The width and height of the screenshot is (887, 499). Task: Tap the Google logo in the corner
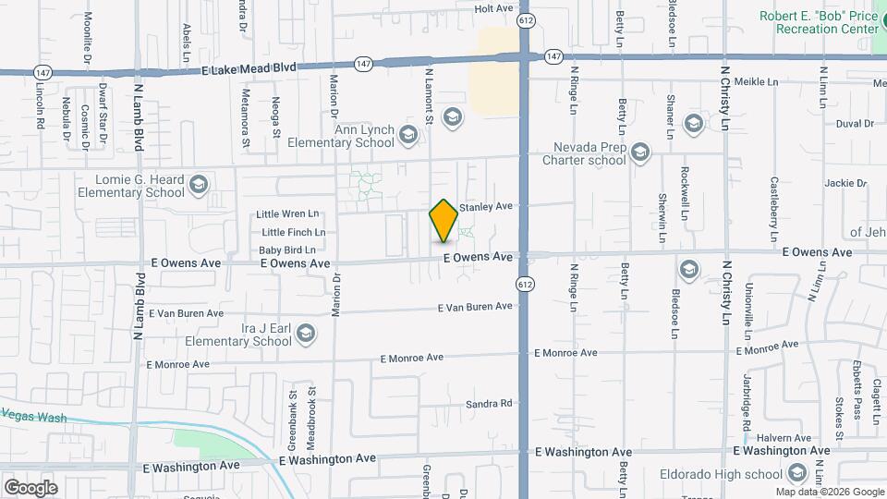coord(30,487)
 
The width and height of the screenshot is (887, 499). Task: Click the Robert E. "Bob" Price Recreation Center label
coord(819,22)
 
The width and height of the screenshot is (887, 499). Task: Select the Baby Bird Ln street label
coord(286,249)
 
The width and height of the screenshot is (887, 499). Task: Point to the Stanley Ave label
coord(485,207)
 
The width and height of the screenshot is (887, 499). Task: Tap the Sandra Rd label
coord(489,404)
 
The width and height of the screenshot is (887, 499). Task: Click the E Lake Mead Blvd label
coord(251,67)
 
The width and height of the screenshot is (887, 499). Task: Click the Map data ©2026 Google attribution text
coord(829,492)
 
